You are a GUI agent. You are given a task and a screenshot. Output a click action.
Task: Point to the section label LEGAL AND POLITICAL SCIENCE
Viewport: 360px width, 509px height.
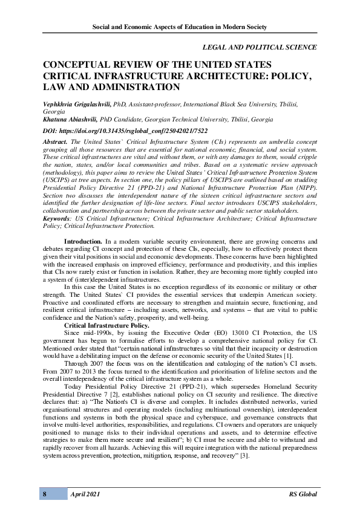(x=259, y=47)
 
